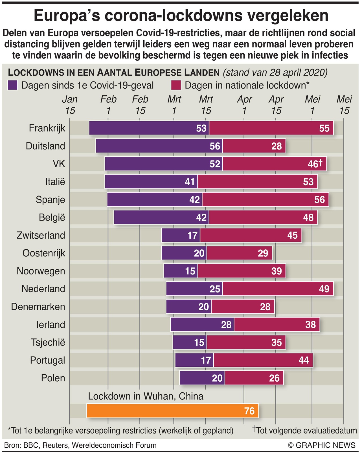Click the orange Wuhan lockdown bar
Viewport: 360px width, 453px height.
coord(172,411)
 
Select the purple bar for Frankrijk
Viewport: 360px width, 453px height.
coord(149,128)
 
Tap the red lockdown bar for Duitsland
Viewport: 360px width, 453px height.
coord(254,146)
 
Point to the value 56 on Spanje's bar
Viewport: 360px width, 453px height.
coord(319,200)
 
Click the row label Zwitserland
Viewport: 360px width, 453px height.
coord(41,235)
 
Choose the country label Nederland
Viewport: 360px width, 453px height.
coord(43,289)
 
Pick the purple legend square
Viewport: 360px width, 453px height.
coord(13,85)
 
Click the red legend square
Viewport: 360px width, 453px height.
coord(176,85)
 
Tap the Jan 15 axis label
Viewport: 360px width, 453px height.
coord(70,105)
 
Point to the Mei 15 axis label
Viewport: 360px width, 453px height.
coord(344,105)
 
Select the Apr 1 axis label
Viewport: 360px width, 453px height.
coord(244,105)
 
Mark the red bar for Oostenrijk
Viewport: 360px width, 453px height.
coord(239,253)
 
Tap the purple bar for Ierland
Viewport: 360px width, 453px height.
coord(202,324)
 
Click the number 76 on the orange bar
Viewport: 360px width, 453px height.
coord(249,411)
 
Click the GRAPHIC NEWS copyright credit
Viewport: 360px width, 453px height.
coord(322,445)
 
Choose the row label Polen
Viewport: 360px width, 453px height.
coord(53,378)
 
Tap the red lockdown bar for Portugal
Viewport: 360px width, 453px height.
coord(263,360)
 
